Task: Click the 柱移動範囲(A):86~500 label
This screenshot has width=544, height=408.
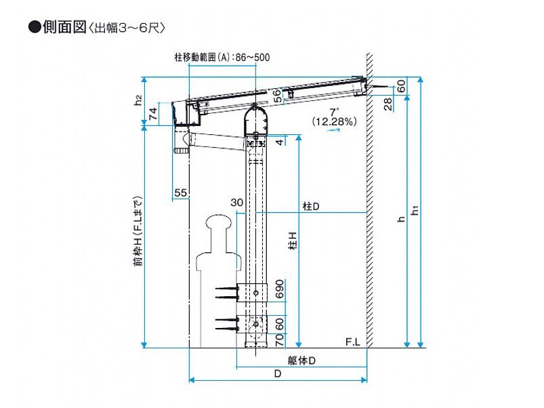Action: coord(222,58)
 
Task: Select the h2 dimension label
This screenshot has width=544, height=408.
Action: coord(138,101)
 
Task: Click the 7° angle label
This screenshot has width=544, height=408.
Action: coord(333,110)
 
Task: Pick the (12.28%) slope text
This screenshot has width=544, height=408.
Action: coord(334,121)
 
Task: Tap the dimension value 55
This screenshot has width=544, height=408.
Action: coord(180,193)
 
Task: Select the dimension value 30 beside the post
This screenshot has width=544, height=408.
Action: coord(236,203)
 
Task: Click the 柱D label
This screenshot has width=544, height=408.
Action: coord(311,206)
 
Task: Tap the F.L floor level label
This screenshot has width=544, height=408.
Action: coord(352,341)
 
